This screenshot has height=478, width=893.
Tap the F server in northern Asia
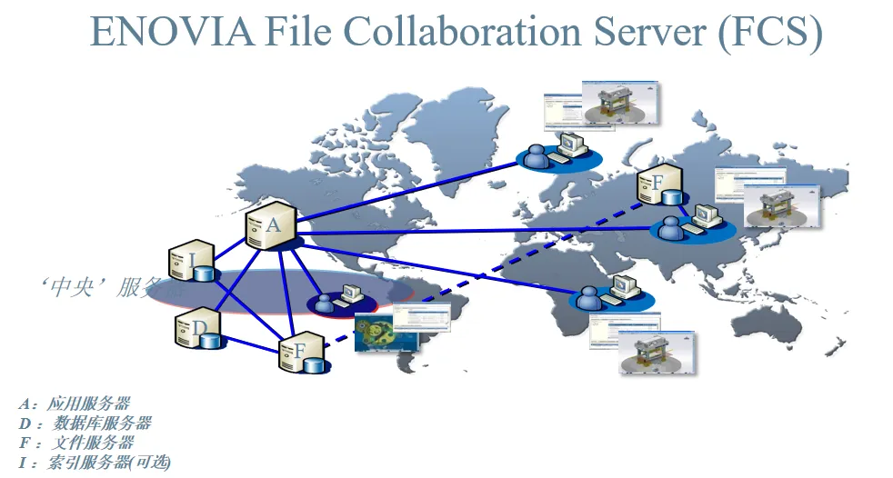(x=659, y=185)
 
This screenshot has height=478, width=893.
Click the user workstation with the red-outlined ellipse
(x=336, y=299)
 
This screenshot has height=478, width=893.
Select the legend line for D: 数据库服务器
(x=85, y=423)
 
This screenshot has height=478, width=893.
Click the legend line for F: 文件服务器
(x=76, y=443)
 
